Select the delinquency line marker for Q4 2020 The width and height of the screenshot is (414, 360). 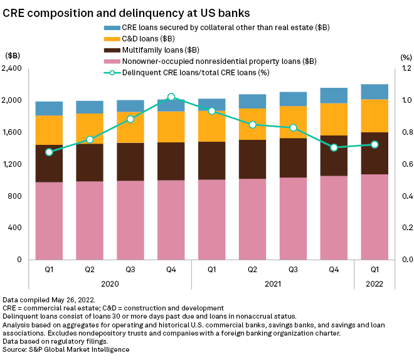point(171,97)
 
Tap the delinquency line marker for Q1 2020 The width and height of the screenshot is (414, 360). point(49,152)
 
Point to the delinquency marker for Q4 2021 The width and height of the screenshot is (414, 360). point(334,147)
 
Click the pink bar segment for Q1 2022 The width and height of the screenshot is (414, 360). point(375,216)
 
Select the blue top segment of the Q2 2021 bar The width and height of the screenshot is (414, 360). point(253,102)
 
